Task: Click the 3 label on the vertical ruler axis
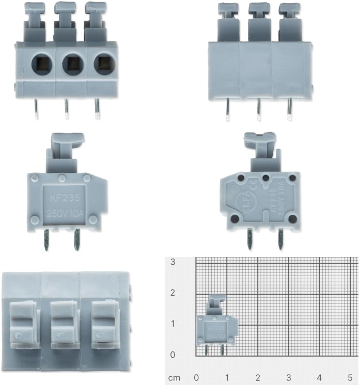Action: pos(173,262)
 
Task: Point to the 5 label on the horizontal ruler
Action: pos(350,377)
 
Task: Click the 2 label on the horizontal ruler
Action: pos(258,377)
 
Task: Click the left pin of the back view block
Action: pos(228,109)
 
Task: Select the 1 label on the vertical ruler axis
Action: pos(173,324)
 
